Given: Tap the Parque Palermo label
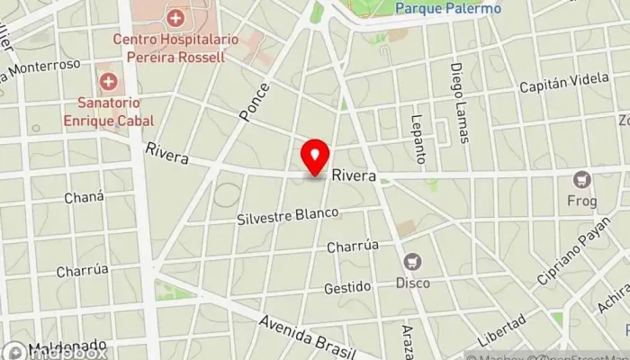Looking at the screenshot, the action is pos(448,8).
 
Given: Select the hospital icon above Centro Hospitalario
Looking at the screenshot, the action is pos(175,17).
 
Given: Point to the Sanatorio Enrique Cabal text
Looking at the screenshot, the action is pos(108,112).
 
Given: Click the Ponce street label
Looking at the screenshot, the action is pos(255,102).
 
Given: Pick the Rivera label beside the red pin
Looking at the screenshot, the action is pos(353,176).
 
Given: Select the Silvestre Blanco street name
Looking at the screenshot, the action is pos(288,217).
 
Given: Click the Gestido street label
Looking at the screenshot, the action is pos(348,287).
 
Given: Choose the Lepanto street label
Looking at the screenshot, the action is pos(418,139).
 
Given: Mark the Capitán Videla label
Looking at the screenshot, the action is pos(564,87).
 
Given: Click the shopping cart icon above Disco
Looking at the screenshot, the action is pos(413,262).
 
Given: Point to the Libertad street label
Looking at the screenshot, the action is pos(501,330).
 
